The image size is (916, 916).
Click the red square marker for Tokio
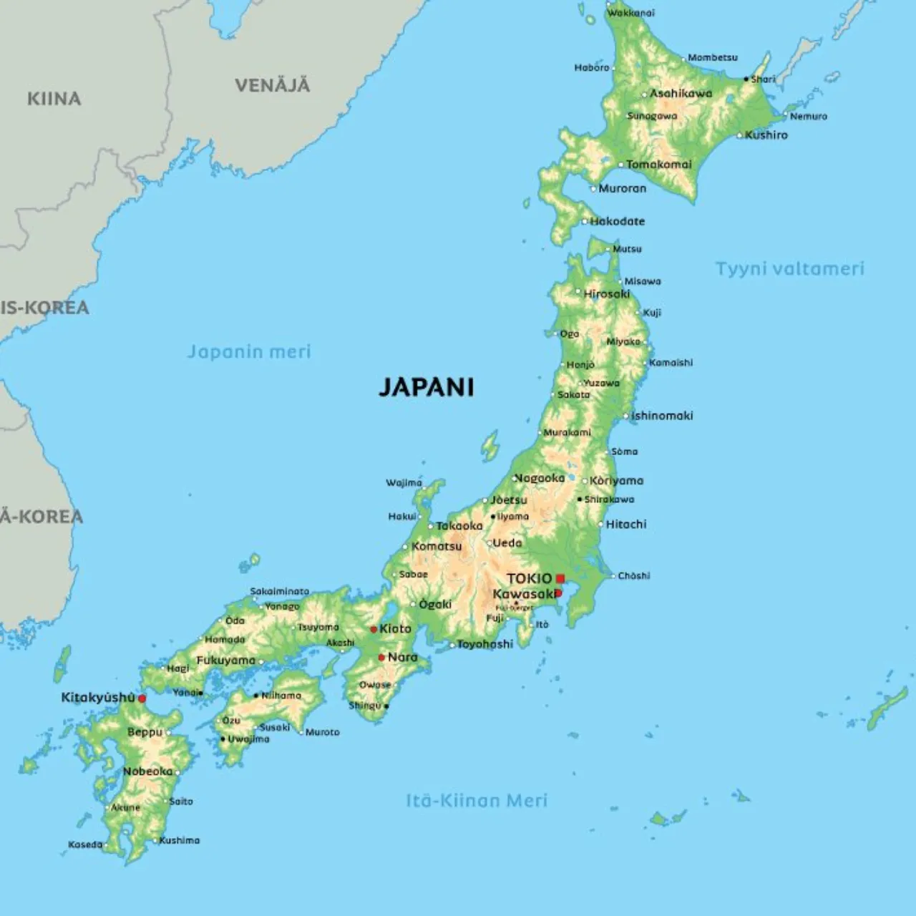pyautogui.click(x=560, y=578)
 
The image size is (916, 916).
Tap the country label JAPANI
pyautogui.click(x=426, y=387)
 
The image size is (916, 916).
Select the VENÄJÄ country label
pyautogui.click(x=273, y=85)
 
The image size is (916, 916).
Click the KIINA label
pyautogui.click(x=54, y=99)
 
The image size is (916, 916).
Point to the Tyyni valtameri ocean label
pyautogui.click(x=790, y=268)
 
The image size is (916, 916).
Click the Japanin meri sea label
pyautogui.click(x=249, y=351)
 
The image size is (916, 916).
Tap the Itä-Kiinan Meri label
pyautogui.click(x=477, y=800)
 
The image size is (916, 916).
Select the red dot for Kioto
pyautogui.click(x=374, y=630)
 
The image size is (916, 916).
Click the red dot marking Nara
pyautogui.click(x=381, y=657)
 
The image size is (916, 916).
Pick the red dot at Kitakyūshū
pyautogui.click(x=142, y=698)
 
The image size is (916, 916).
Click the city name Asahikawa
pyautogui.click(x=681, y=93)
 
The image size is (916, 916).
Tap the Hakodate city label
pyautogui.click(x=617, y=221)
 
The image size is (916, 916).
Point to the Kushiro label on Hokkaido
pyautogui.click(x=766, y=135)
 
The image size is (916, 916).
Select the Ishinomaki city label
pyautogui.click(x=662, y=416)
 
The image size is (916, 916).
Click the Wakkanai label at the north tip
pyautogui.click(x=630, y=12)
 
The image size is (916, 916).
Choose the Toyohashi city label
pyautogui.click(x=484, y=644)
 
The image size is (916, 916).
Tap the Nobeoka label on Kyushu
pyautogui.click(x=147, y=771)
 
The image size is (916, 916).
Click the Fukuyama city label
pyautogui.click(x=225, y=661)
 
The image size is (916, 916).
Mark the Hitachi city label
pyautogui.click(x=626, y=525)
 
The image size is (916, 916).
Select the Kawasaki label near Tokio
pyautogui.click(x=523, y=594)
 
